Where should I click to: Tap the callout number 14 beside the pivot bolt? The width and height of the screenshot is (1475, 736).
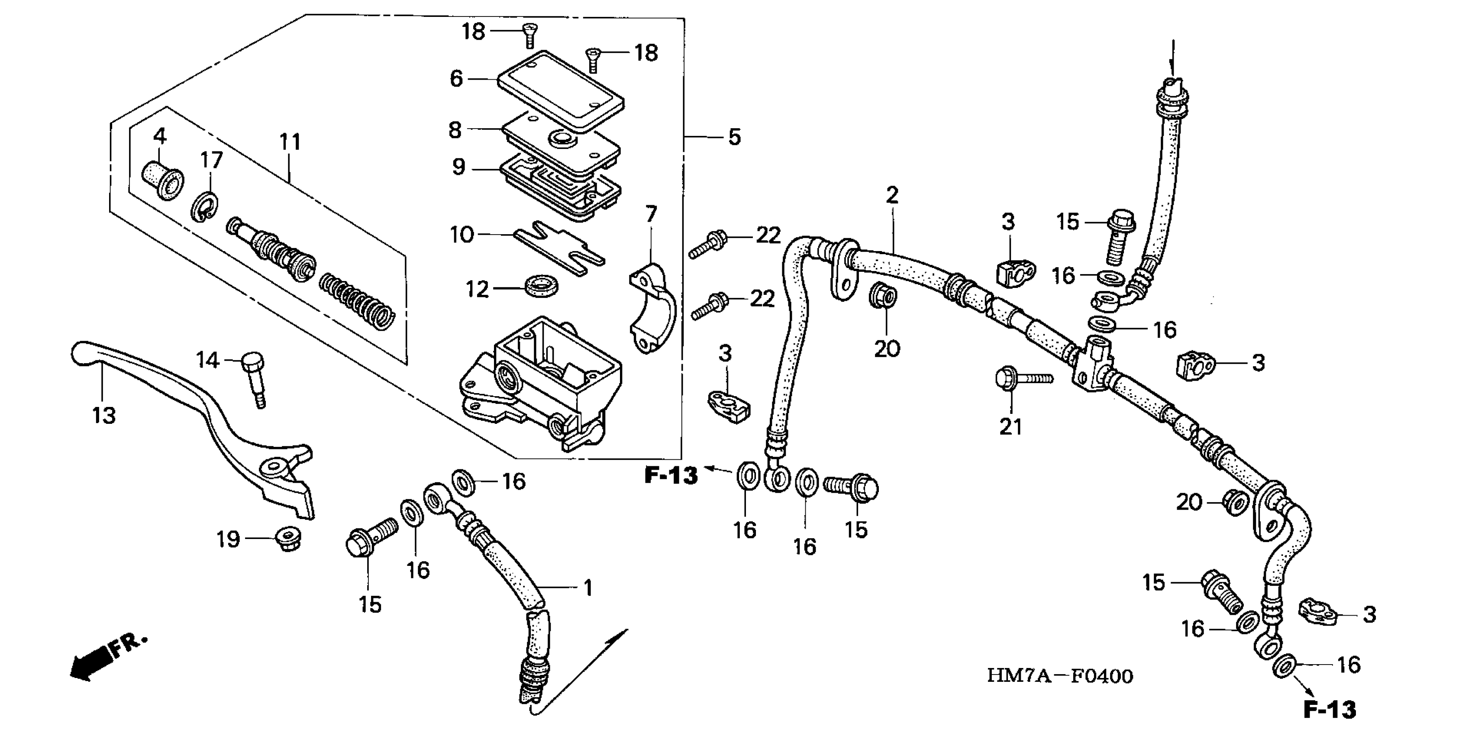(x=207, y=360)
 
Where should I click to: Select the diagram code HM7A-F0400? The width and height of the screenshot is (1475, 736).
(x=1059, y=676)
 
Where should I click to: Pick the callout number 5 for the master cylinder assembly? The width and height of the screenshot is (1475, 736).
(x=735, y=137)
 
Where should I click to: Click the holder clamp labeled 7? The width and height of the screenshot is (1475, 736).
(x=653, y=309)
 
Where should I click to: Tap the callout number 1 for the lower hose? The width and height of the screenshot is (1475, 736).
(x=587, y=588)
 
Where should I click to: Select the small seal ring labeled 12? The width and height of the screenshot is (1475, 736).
(x=542, y=285)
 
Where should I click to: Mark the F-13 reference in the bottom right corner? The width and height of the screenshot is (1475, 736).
(x=1330, y=710)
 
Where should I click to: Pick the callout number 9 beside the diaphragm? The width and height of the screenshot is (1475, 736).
(x=458, y=167)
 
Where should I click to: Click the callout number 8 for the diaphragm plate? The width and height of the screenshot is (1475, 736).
(x=455, y=130)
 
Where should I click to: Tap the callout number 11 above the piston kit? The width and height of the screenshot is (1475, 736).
(x=290, y=142)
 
